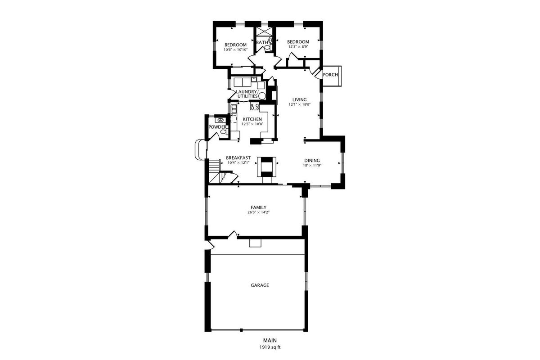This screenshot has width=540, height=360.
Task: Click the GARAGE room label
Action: coord(260,285)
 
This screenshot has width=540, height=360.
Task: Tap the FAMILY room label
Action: coord(258,207)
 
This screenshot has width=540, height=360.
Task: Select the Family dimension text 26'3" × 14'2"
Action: coord(258,212)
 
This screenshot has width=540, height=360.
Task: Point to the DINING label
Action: coord(312,160)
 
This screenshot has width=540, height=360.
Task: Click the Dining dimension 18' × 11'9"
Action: coord(312,166)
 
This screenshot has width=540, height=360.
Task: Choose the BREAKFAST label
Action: coord(238,157)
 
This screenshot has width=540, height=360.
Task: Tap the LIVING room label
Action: coord(299,99)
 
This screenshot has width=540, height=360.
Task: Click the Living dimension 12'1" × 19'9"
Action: coord(299,105)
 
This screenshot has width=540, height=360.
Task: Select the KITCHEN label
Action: coord(252,119)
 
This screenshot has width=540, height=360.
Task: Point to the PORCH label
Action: coord(330,75)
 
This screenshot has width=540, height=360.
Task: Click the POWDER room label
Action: coord(217,127)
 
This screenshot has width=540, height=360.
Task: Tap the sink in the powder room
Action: coord(220,120)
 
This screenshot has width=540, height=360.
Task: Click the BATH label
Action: coord(262,42)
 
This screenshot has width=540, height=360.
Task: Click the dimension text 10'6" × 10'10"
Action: coord(235,50)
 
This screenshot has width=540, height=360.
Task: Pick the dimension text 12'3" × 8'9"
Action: coord(298,47)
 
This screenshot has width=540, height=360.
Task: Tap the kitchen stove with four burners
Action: coord(255,106)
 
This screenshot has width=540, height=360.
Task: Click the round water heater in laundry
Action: coord(262,96)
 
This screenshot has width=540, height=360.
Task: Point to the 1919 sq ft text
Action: coord(270,347)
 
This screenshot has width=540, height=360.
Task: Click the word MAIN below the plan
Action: coord(270,341)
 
